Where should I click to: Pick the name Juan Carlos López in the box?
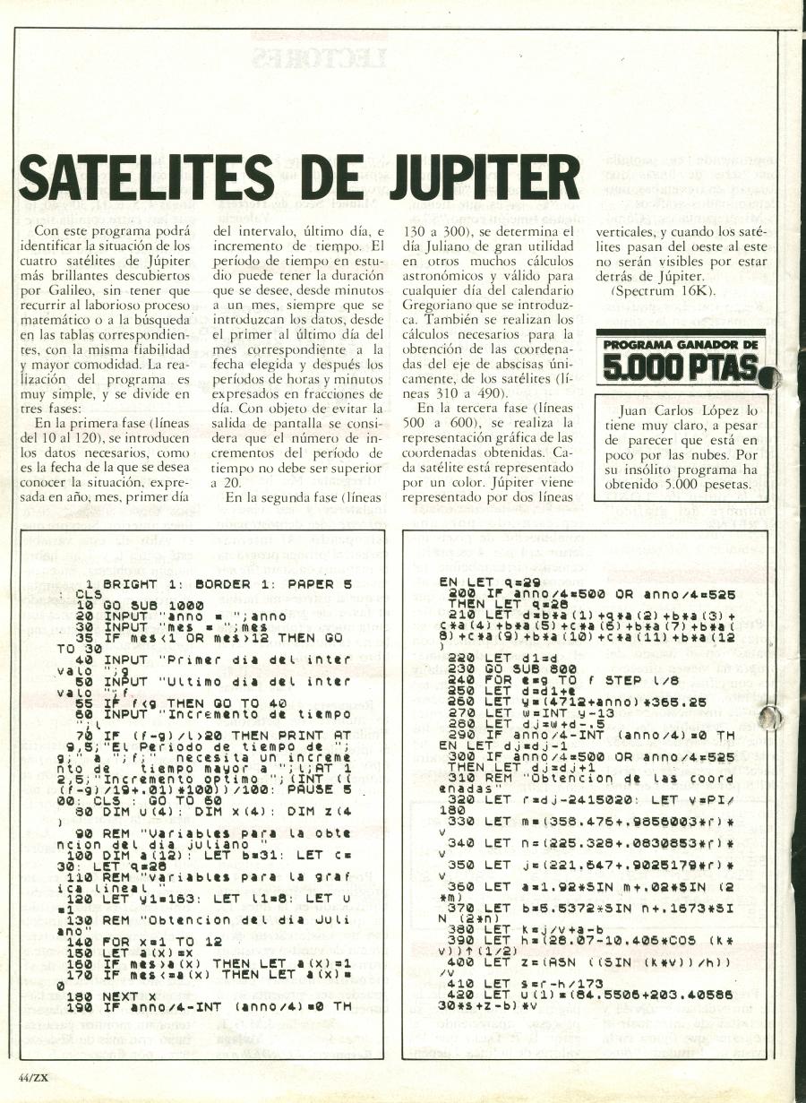pyautogui.click(x=682, y=410)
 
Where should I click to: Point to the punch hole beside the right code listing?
pyautogui.click(x=769, y=717)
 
